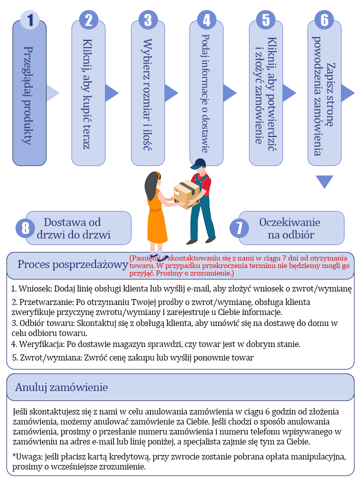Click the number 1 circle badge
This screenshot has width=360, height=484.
point(29,20)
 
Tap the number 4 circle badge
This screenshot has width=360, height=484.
point(206,20)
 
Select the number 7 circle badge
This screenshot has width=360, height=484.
point(239,228)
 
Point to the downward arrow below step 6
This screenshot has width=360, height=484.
point(324,181)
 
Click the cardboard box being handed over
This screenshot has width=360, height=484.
point(186,193)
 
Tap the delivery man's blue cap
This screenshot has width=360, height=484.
point(198,163)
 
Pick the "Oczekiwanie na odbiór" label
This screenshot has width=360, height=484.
point(290,228)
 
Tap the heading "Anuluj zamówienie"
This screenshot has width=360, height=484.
point(61,387)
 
